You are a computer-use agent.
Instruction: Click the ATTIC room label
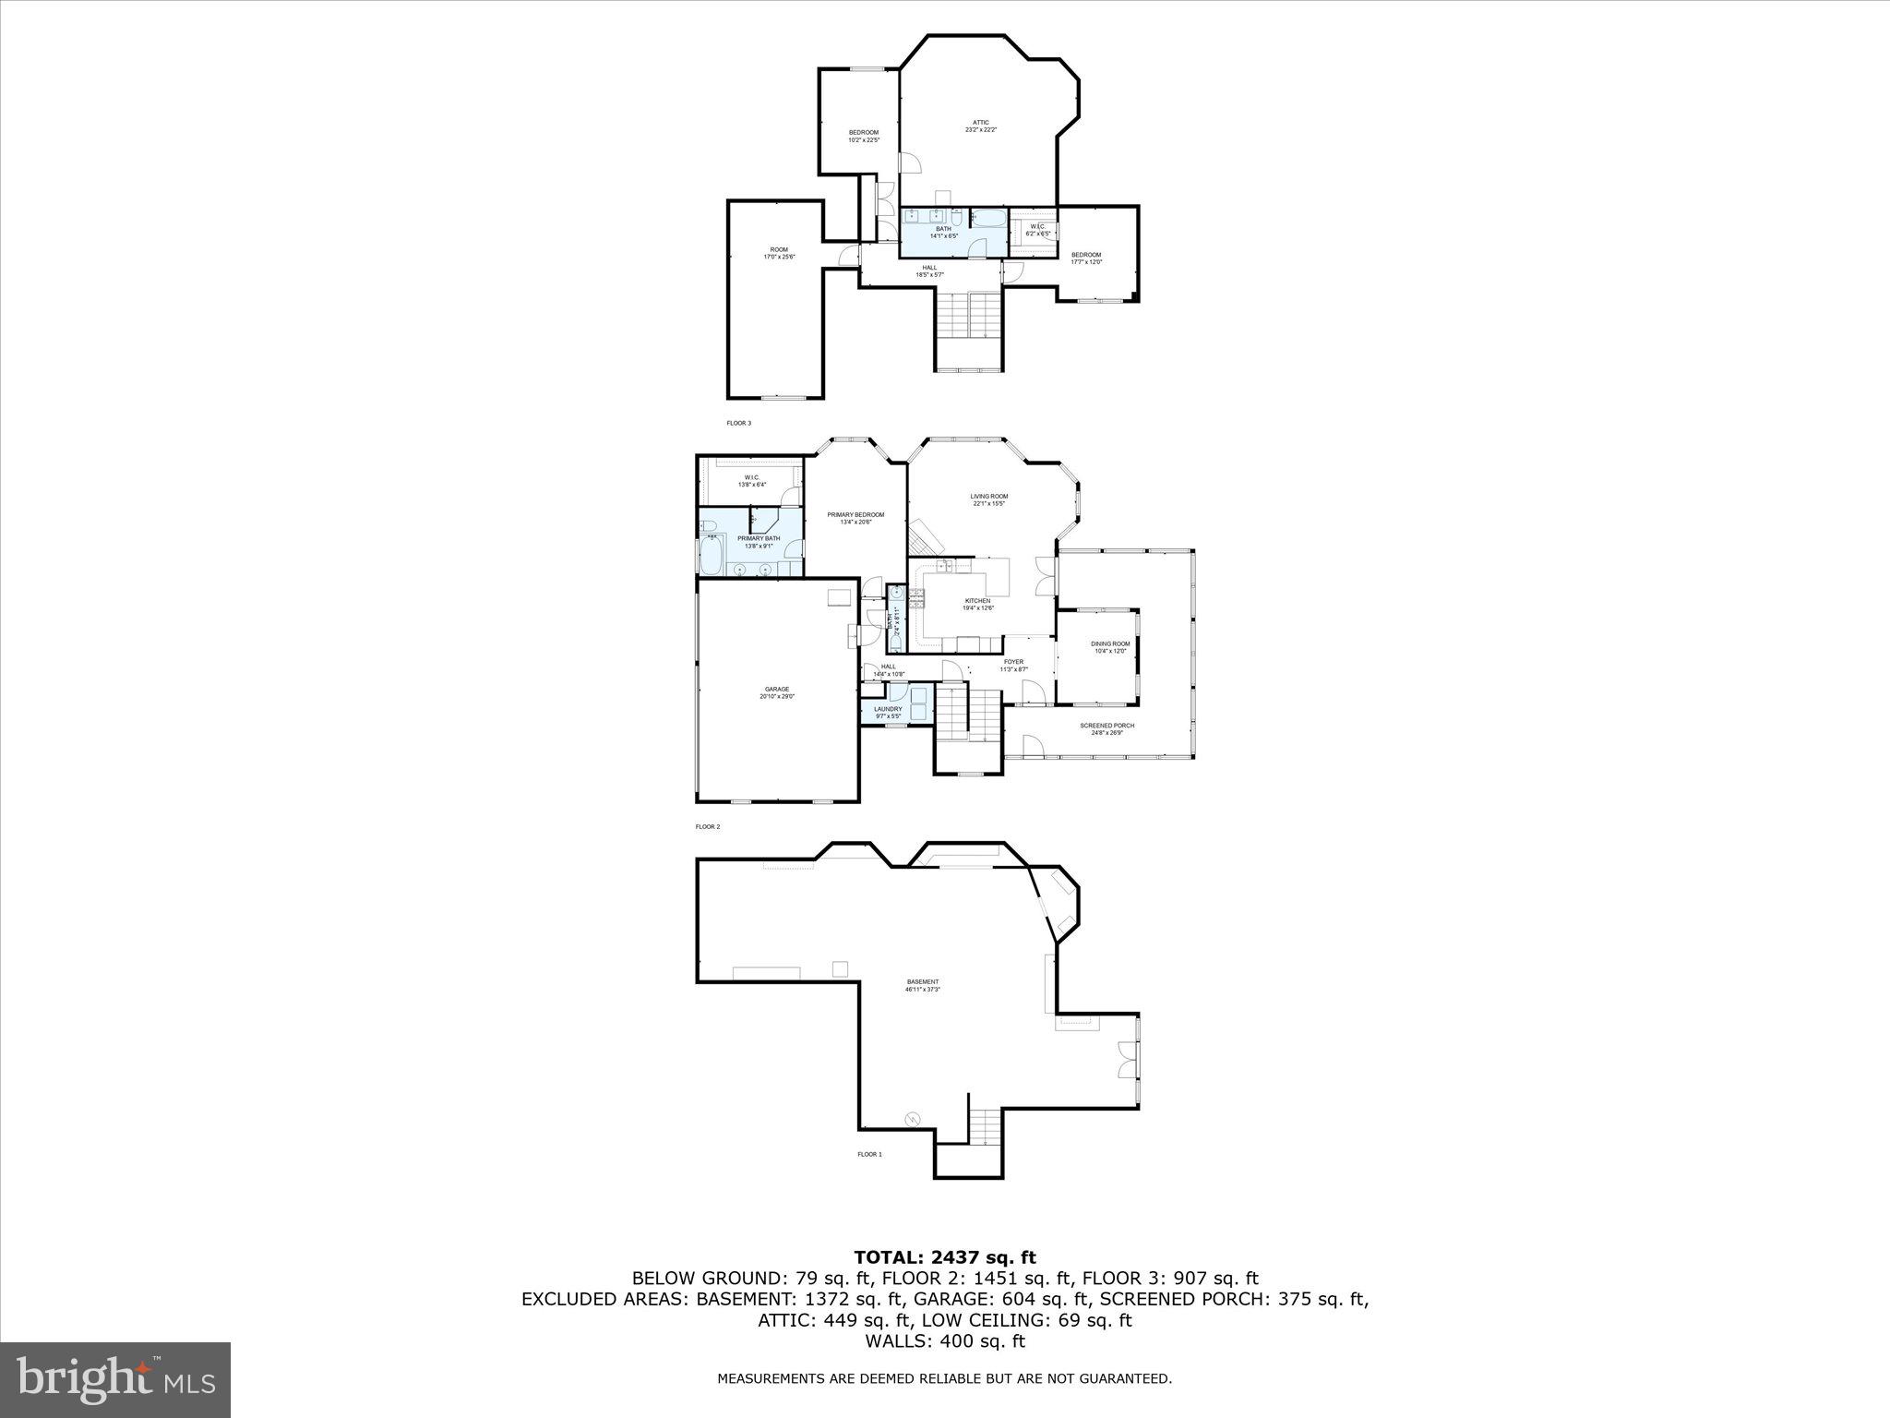(980, 126)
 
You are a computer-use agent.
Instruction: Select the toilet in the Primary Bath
(710, 528)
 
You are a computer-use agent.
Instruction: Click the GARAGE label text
(776, 692)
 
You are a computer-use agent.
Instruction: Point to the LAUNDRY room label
(888, 712)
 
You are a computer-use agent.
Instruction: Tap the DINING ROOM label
(1109, 646)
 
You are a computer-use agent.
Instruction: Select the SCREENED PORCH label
(1106, 728)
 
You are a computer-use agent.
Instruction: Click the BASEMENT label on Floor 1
(922, 985)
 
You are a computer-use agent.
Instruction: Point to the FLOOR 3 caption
(738, 423)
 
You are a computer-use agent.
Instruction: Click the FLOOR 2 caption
(707, 827)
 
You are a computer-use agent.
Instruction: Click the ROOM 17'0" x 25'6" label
(779, 253)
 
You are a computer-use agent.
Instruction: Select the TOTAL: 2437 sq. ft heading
(944, 1257)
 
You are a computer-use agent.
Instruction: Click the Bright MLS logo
(115, 1379)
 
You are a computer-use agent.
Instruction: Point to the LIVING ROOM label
(988, 499)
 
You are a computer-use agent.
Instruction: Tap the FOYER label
(1013, 665)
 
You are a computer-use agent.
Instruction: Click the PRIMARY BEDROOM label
(855, 518)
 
